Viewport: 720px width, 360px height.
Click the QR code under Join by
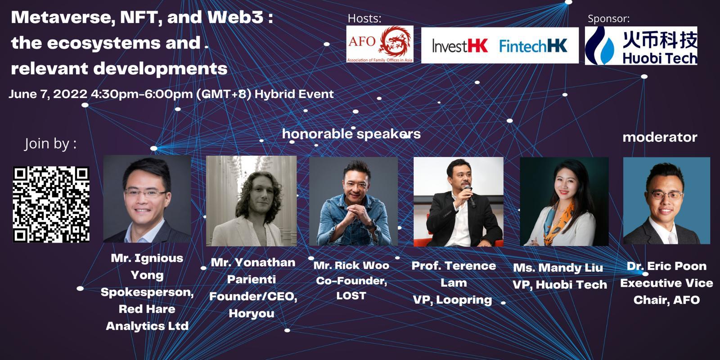(x=51, y=204)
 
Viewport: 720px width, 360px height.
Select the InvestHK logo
(x=459, y=45)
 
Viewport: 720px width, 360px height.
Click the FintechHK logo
(x=533, y=45)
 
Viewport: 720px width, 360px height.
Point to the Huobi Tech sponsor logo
(x=641, y=45)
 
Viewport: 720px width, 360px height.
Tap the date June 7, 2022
(x=48, y=94)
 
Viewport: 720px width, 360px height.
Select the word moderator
(x=659, y=137)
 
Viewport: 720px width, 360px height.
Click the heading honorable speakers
(x=351, y=134)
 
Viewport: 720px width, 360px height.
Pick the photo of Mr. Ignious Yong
(x=147, y=199)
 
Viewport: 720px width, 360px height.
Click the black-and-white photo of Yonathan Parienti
(x=251, y=201)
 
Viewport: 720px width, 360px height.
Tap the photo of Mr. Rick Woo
(x=353, y=201)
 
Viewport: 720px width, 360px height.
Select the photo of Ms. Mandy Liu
(x=564, y=201)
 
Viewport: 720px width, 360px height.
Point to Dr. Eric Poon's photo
(x=666, y=201)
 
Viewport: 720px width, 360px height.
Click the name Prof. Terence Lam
(x=454, y=274)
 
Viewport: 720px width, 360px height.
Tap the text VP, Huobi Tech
(x=559, y=285)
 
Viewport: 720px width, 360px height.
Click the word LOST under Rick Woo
(x=351, y=296)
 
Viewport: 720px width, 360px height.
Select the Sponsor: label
(x=608, y=18)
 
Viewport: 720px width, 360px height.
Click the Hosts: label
(x=364, y=18)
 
